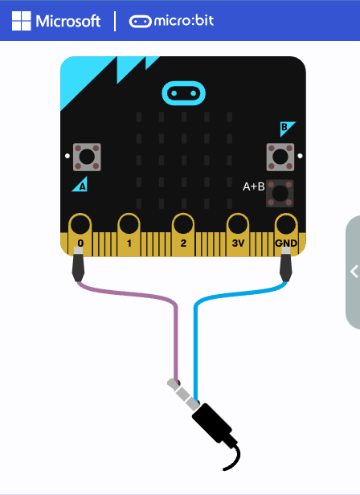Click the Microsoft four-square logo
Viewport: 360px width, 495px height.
point(22,21)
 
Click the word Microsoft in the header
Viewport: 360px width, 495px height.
point(68,22)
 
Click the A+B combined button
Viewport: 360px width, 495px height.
point(280,193)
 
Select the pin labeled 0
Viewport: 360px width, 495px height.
point(80,235)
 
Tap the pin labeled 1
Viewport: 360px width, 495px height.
point(129,235)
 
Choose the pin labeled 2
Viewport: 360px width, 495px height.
point(183,235)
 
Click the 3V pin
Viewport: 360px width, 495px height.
point(238,235)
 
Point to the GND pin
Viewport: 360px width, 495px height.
point(286,235)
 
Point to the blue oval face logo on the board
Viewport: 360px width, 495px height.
point(183,93)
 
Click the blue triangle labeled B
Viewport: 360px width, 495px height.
point(286,128)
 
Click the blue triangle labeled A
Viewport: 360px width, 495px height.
point(81,186)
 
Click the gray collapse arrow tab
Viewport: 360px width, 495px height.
point(353,272)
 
